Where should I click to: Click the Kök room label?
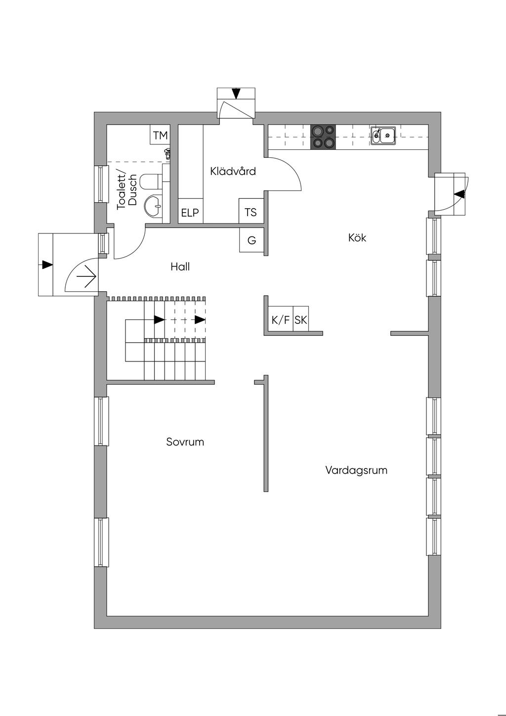click(357, 238)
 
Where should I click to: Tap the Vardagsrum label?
click(356, 470)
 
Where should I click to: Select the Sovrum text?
click(185, 442)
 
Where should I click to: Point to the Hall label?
click(180, 267)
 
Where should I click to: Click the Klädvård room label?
click(233, 172)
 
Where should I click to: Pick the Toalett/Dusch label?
click(127, 191)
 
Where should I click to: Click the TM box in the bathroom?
click(160, 135)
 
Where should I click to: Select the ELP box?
click(190, 213)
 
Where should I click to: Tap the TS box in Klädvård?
click(251, 212)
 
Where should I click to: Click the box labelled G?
click(252, 241)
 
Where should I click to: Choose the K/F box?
click(280, 320)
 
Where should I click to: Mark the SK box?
click(300, 320)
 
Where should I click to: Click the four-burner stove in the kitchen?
click(323, 137)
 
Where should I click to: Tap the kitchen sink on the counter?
click(383, 135)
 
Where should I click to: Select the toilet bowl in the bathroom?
click(150, 181)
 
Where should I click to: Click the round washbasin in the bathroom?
click(154, 204)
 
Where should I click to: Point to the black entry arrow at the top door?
click(236, 93)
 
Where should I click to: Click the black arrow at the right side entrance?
click(460, 194)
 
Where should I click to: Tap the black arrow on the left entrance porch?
click(47, 265)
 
